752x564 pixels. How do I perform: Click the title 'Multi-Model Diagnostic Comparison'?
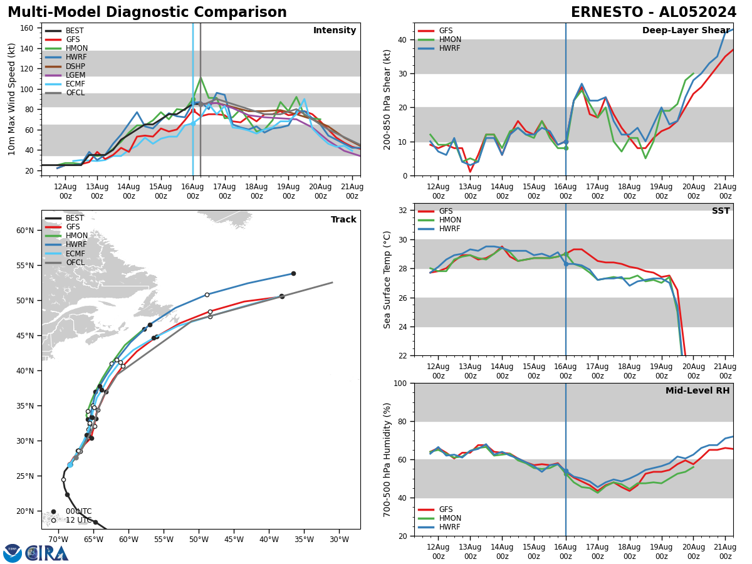147,13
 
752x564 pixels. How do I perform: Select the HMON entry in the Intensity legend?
75,48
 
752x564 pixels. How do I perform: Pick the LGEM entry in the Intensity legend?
75,75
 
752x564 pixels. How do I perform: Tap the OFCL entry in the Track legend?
75,263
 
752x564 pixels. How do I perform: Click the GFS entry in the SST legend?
446,211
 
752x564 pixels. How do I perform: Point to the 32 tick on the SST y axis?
404,210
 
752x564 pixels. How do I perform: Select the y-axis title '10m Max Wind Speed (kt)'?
12,99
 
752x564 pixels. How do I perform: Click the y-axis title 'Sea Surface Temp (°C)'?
387,279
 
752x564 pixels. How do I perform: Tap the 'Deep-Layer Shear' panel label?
686,31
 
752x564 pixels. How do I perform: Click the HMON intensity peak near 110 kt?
201,78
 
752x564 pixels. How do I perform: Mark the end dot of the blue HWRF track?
293,273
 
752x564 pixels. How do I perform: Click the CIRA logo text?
47,553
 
